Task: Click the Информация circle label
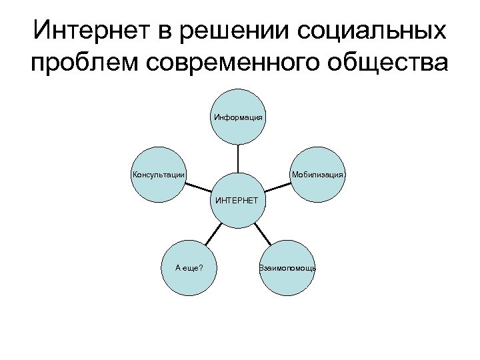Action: pyautogui.click(x=238, y=117)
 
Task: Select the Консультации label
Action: pyautogui.click(x=159, y=175)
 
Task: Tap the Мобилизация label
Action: pyautogui.click(x=317, y=175)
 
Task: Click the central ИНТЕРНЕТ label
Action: pyautogui.click(x=238, y=199)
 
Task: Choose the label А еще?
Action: pyautogui.click(x=189, y=268)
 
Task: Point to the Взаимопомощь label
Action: pyautogui.click(x=287, y=268)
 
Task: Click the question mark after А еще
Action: pyautogui.click(x=202, y=268)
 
